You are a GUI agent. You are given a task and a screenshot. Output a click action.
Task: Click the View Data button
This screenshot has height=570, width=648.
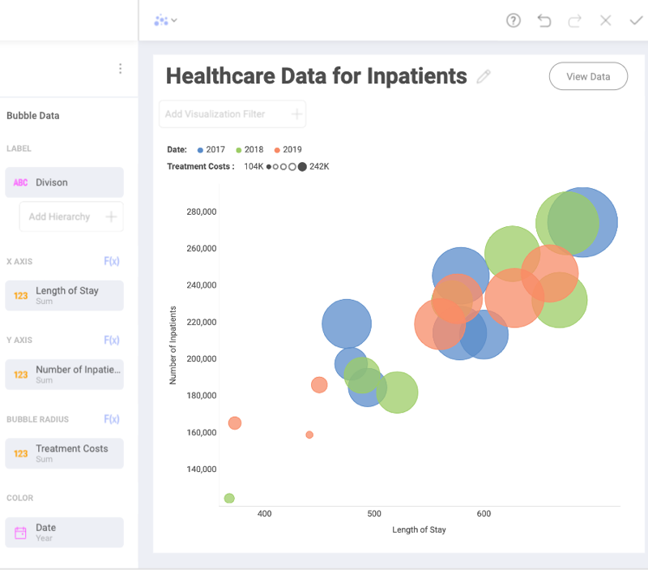pyautogui.click(x=588, y=76)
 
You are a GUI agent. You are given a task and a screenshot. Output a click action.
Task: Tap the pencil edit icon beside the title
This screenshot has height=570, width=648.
pyautogui.click(x=484, y=77)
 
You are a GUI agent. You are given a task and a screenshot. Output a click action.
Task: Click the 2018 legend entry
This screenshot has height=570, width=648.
pyautogui.click(x=249, y=150)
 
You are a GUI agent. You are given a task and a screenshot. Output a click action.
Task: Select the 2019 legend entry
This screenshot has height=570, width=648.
pyautogui.click(x=288, y=150)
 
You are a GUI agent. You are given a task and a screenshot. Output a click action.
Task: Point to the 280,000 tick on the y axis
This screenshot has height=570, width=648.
pyautogui.click(x=201, y=212)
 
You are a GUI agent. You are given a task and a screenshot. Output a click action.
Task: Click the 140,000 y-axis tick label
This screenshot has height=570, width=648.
pyautogui.click(x=201, y=469)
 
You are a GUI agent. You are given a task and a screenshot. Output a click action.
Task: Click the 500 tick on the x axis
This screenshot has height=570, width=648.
pyautogui.click(x=374, y=514)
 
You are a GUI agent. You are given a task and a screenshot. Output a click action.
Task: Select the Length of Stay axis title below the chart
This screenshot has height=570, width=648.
pyautogui.click(x=419, y=529)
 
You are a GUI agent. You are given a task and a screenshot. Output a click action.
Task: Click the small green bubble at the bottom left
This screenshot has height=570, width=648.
pyautogui.click(x=229, y=498)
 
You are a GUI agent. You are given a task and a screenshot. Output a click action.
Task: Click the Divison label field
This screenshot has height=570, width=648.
pyautogui.click(x=64, y=182)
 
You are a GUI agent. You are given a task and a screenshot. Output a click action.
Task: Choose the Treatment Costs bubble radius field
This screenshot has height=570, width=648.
pyautogui.click(x=64, y=453)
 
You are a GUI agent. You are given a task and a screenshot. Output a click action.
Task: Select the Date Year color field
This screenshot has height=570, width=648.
pyautogui.click(x=64, y=532)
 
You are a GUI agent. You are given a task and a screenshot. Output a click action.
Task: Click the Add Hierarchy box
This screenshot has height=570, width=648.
pyautogui.click(x=70, y=216)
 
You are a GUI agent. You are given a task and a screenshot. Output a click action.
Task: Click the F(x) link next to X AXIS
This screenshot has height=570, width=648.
pyautogui.click(x=112, y=261)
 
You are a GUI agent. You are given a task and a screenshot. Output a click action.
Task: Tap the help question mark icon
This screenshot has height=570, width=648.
pyautogui.click(x=514, y=21)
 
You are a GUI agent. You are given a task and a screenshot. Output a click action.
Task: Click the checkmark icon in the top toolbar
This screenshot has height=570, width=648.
pyautogui.click(x=636, y=21)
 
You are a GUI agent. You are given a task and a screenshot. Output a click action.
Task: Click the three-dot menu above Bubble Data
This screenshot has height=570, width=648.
pyautogui.click(x=120, y=69)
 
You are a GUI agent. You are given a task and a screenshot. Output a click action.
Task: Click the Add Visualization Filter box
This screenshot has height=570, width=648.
pyautogui.click(x=232, y=114)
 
